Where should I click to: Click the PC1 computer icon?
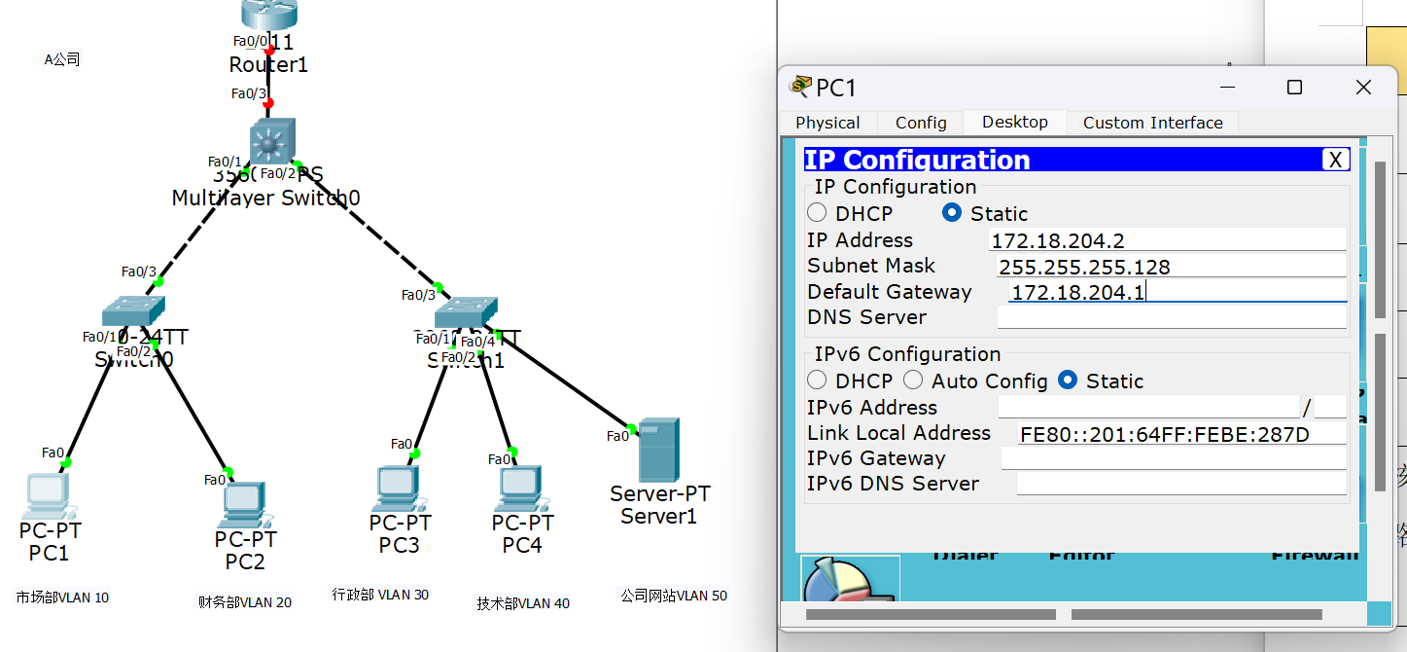pos(45,494)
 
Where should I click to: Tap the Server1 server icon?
pos(659,450)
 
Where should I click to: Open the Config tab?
pos(921,123)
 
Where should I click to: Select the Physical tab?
pos(827,123)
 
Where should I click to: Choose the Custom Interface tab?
pos(1152,123)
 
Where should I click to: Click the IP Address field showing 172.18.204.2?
pos(1167,240)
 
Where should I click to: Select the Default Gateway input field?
pos(1177,292)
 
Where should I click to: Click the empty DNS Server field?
pos(1171,317)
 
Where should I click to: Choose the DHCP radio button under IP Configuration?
pos(817,213)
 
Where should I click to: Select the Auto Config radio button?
pos(913,380)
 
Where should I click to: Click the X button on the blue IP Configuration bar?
pos(1336,161)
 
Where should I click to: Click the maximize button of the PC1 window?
pos(1294,88)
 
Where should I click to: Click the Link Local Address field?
pos(1180,434)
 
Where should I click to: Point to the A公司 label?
pos(62,59)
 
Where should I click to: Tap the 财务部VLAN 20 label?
pos(244,602)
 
